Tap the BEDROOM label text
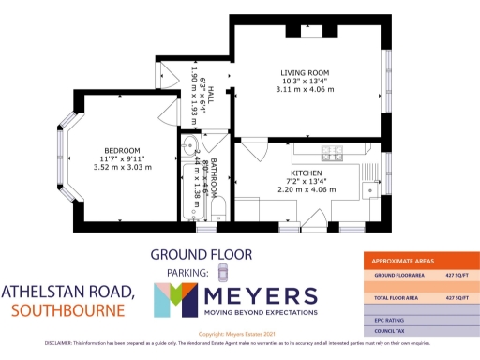122,151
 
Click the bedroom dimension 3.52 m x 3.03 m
122,170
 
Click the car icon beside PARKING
222,272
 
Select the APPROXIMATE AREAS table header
405,260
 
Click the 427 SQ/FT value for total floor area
457,296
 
